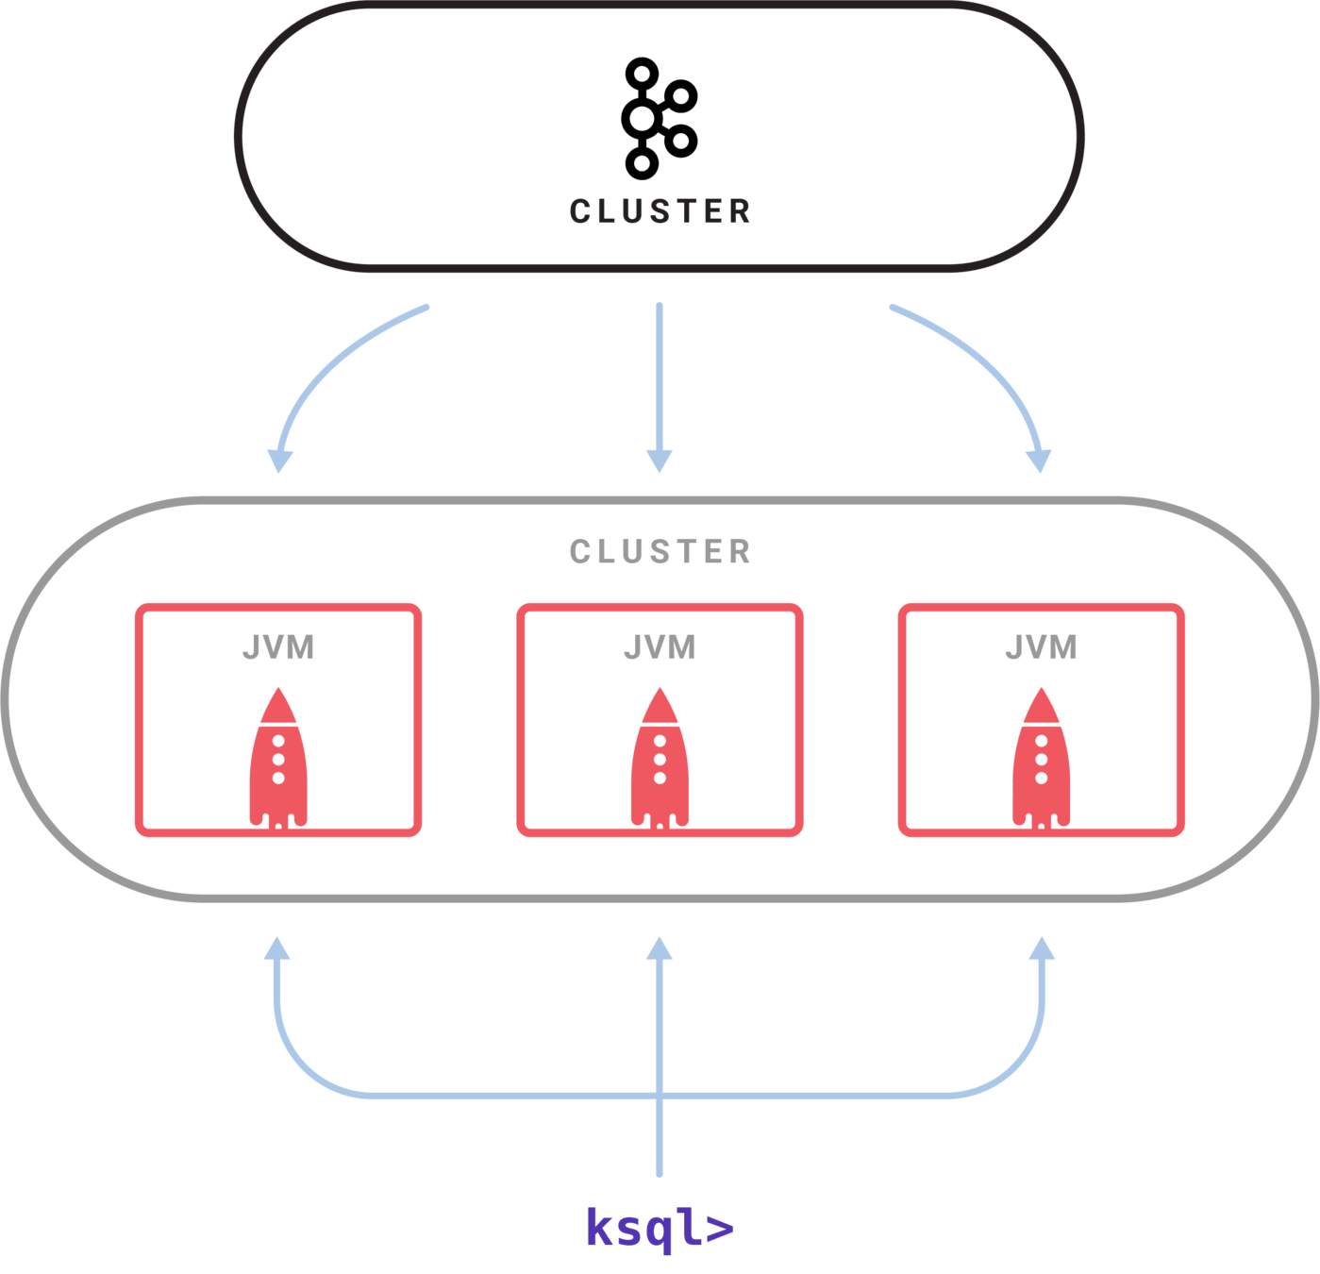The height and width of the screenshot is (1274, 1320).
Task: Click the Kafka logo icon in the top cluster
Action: pyautogui.click(x=658, y=118)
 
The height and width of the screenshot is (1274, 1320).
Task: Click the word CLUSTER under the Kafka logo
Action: pyautogui.click(x=660, y=210)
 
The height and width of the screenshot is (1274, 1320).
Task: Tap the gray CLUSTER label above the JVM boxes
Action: pyautogui.click(x=660, y=551)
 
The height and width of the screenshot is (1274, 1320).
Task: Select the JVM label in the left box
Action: pyautogui.click(x=277, y=647)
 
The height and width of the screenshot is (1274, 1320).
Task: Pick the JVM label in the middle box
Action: pyautogui.click(x=660, y=647)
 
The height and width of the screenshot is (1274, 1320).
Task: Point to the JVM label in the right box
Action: pyautogui.click(x=1041, y=647)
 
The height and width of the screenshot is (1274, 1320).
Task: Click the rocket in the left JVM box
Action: pyautogui.click(x=278, y=760)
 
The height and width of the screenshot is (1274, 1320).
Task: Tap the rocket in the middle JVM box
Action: pyautogui.click(x=660, y=760)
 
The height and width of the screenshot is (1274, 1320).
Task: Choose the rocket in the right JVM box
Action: pyautogui.click(x=1041, y=760)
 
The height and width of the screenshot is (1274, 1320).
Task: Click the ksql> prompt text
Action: pyautogui.click(x=659, y=1228)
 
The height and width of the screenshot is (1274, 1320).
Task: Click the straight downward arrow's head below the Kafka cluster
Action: pyautogui.click(x=659, y=461)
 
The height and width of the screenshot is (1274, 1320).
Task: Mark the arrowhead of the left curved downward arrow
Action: pyautogui.click(x=279, y=460)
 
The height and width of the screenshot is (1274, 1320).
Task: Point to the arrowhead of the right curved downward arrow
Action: pyautogui.click(x=1039, y=460)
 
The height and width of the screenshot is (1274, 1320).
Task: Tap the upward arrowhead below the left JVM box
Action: pyautogui.click(x=277, y=948)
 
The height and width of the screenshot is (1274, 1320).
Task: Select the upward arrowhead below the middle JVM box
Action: pyautogui.click(x=660, y=948)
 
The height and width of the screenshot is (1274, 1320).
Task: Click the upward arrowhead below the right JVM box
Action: pyautogui.click(x=1042, y=948)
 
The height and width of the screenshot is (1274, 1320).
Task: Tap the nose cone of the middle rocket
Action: pyautogui.click(x=660, y=703)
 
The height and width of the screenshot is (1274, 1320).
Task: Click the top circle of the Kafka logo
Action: pyautogui.click(x=642, y=71)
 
